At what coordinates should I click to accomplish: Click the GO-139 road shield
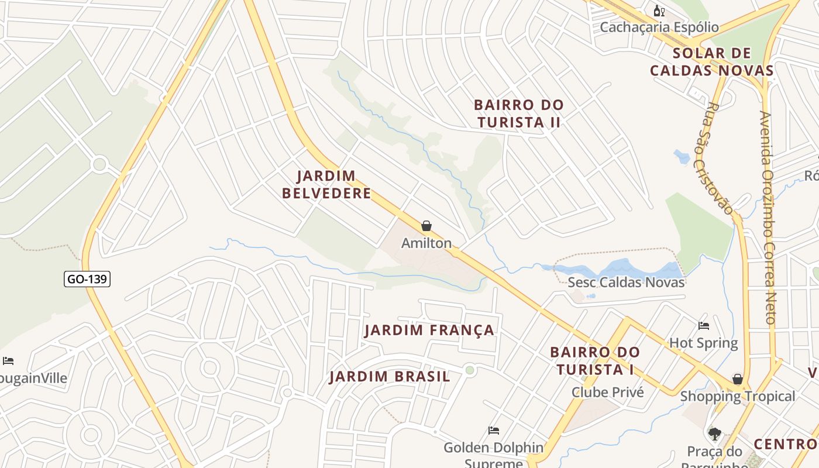[87, 279]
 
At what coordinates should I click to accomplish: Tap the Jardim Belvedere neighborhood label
[326, 184]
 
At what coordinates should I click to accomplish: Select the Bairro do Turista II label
[518, 113]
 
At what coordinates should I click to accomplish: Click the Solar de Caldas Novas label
[711, 62]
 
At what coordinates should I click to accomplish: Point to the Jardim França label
[429, 331]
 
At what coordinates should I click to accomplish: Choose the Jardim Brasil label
[390, 377]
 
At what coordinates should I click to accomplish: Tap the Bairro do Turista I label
[595, 361]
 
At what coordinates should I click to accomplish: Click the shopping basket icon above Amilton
[426, 226]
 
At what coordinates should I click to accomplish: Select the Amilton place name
[426, 243]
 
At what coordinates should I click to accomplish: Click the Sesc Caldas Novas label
[626, 282]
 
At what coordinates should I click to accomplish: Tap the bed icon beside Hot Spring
[704, 325]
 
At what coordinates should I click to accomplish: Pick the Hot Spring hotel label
[703, 342]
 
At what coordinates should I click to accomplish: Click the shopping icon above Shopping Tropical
[738, 379]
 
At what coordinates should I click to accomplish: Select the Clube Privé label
[608, 393]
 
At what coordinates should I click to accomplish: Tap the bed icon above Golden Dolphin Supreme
[494, 431]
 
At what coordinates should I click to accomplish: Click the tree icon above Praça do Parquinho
[714, 433]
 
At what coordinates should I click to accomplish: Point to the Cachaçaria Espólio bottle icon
[659, 11]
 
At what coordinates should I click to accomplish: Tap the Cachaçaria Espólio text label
[659, 27]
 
